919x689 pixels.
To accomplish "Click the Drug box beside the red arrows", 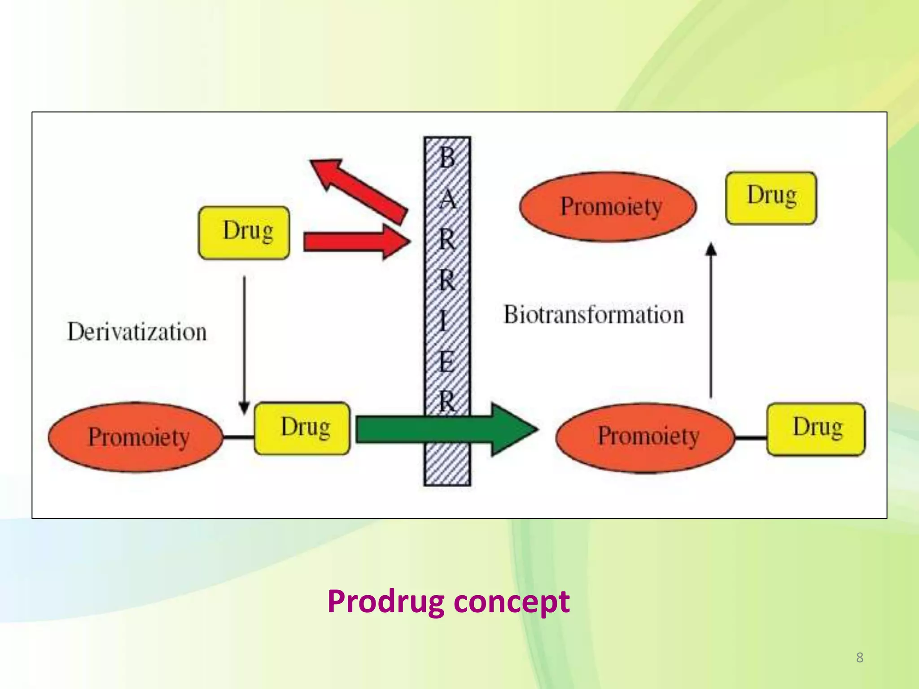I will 244,232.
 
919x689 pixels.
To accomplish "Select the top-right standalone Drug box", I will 771,198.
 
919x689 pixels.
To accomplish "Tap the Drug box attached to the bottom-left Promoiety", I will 302,428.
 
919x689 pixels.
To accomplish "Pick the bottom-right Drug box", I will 816,429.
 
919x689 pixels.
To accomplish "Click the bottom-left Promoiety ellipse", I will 136,437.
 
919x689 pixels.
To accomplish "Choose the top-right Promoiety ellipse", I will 608,207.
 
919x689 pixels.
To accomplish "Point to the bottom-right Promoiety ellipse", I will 645,437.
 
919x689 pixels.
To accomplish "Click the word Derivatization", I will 137,332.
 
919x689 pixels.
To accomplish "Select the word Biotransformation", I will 593,314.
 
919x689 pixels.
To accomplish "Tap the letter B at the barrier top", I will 447,158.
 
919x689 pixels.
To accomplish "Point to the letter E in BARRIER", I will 446,362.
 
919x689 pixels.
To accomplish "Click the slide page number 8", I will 859,658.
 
